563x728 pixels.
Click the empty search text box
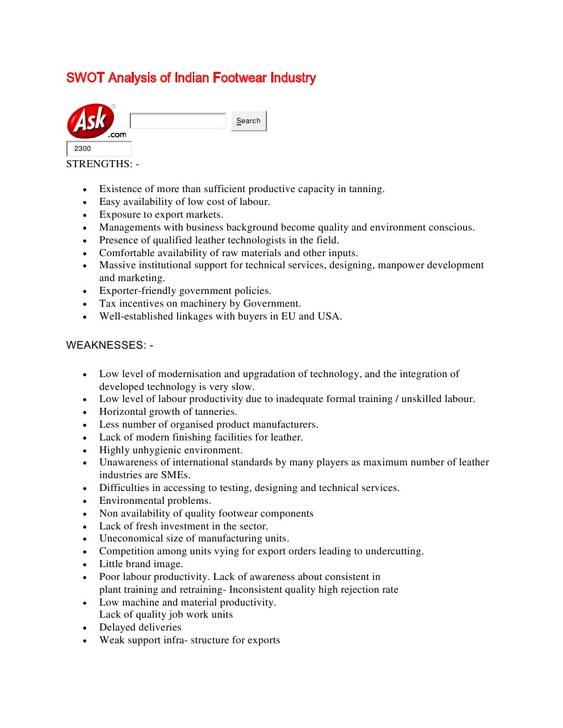(x=178, y=121)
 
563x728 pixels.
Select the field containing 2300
(x=99, y=149)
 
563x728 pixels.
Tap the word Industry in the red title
(x=293, y=78)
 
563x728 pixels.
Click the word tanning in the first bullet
(x=365, y=189)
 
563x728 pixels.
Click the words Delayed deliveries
(x=140, y=628)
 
